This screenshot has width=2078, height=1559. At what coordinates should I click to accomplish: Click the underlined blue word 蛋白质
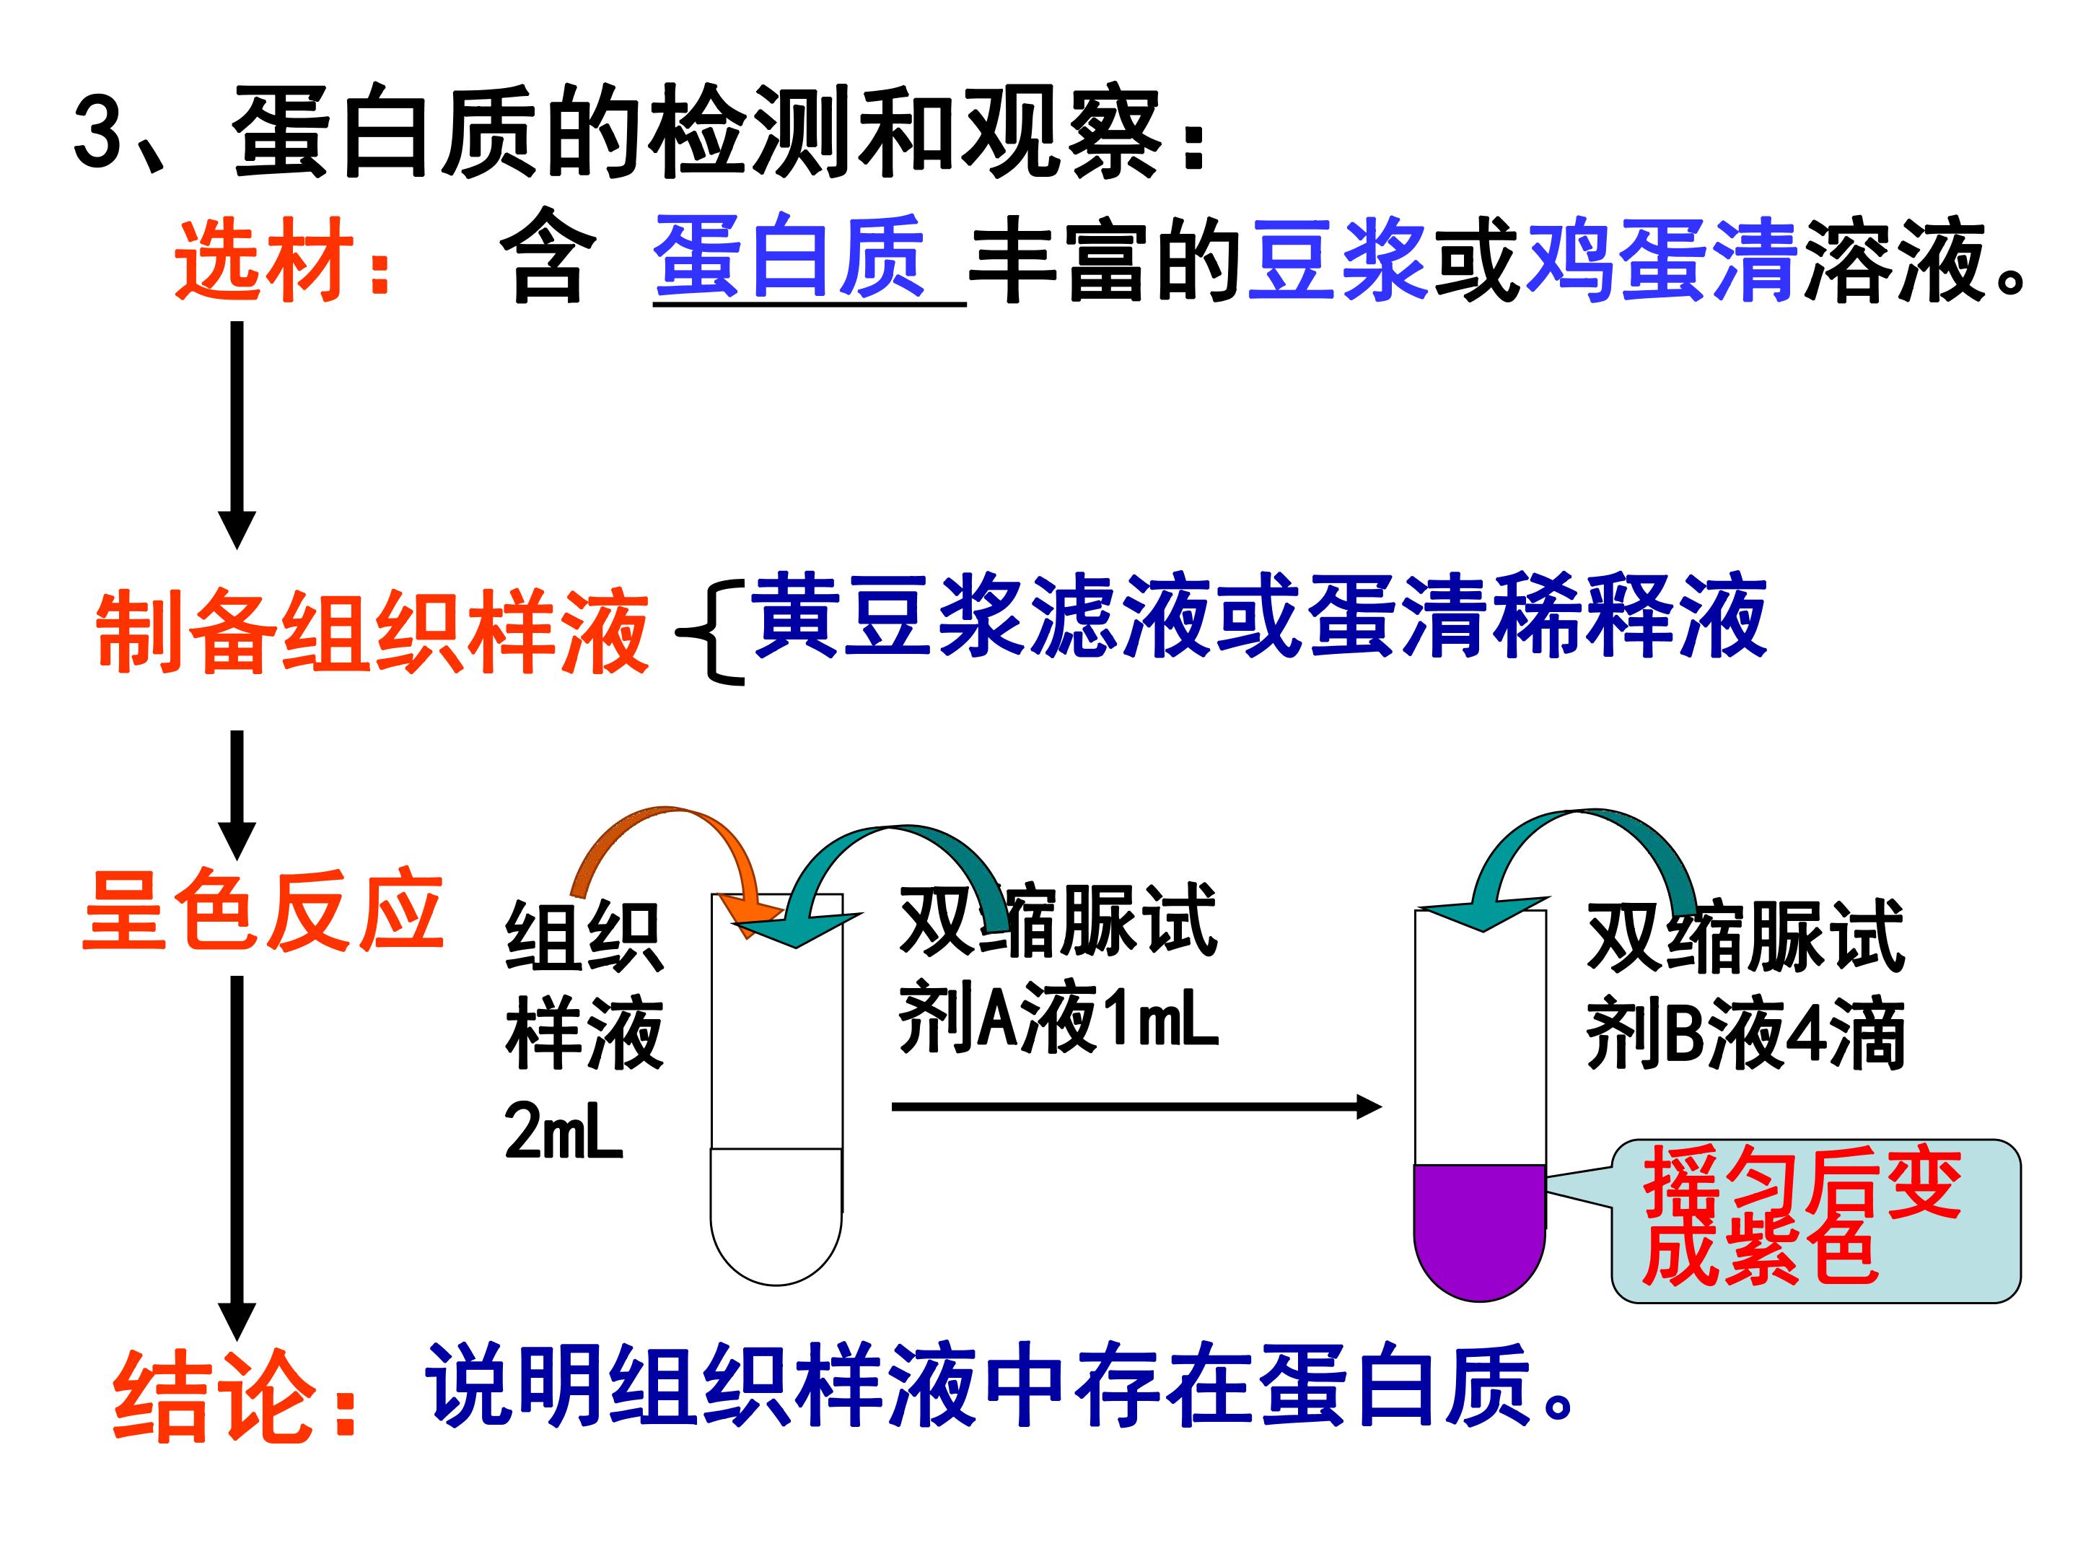pyautogui.click(x=790, y=256)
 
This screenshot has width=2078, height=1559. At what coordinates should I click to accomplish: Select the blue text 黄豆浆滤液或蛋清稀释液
pyautogui.click(x=1259, y=616)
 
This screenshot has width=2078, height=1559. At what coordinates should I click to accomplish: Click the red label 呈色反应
pyautogui.click(x=263, y=909)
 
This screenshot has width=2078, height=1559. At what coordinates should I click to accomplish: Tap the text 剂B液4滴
pyautogui.click(x=1745, y=1034)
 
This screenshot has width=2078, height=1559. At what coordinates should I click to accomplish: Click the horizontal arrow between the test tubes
pyautogui.click(x=1136, y=1107)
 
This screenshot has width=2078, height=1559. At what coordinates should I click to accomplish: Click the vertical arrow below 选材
pyautogui.click(x=237, y=435)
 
